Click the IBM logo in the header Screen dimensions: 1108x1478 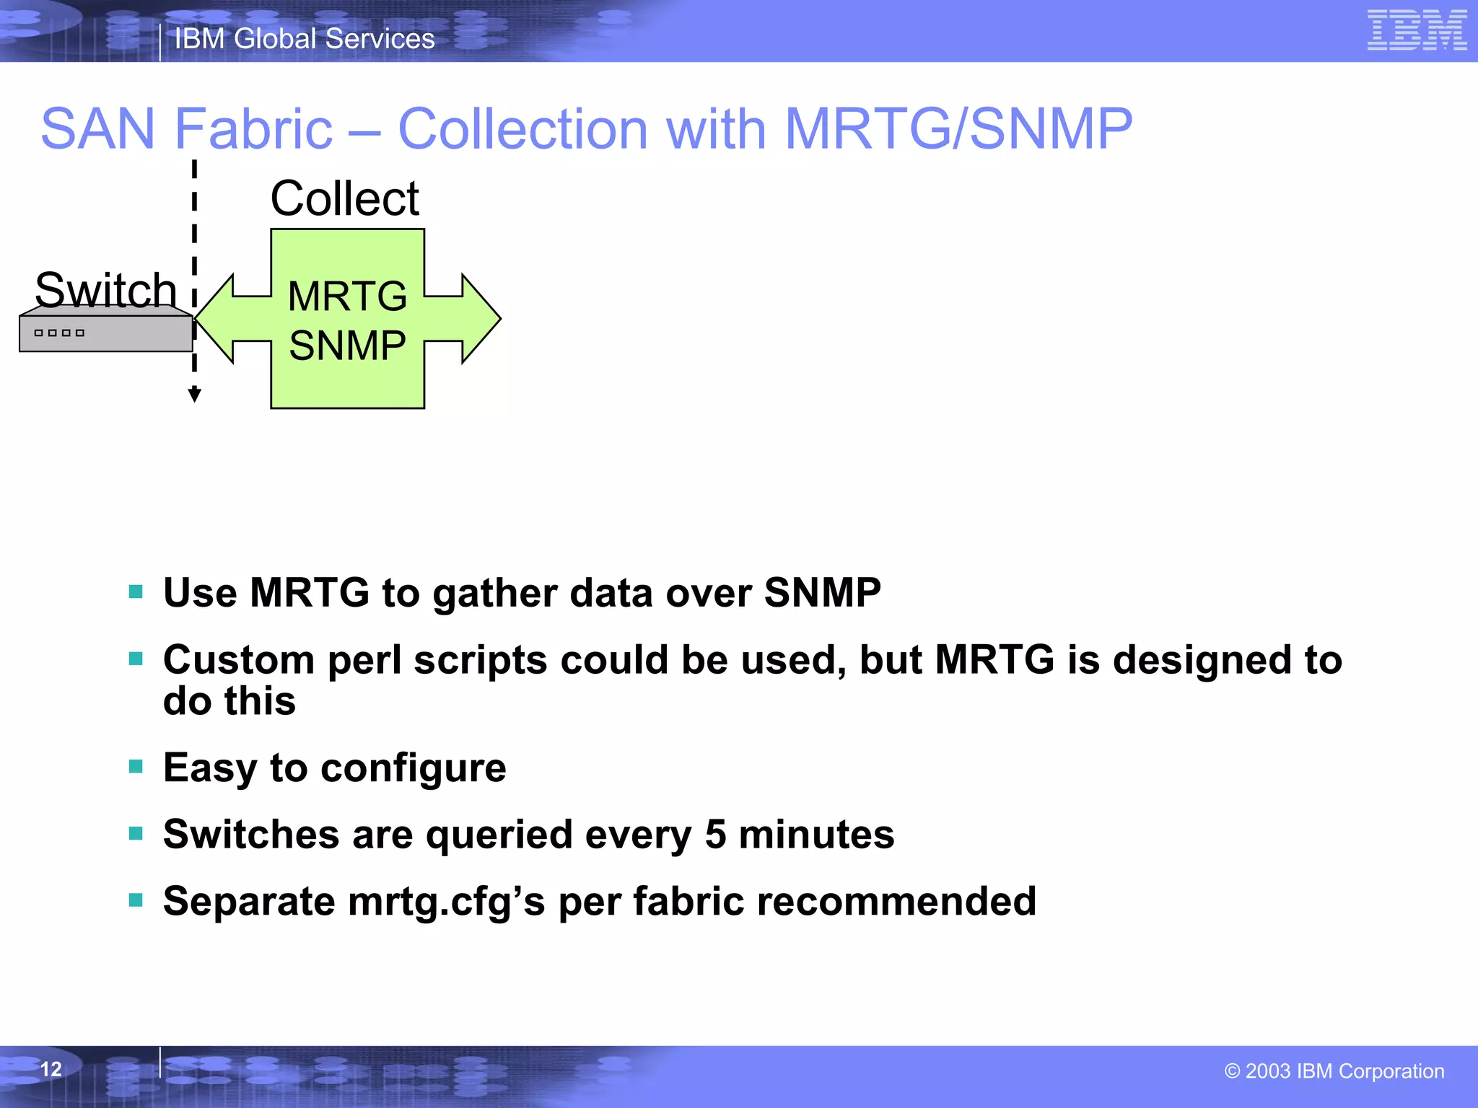pos(1417,30)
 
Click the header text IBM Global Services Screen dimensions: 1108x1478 pos(305,38)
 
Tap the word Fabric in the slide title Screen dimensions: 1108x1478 pos(253,129)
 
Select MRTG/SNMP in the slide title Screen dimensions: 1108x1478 pos(958,129)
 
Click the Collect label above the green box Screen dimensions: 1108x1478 pos(345,198)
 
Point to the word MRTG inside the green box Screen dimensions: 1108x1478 pos(347,296)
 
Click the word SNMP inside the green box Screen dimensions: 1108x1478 pos(347,345)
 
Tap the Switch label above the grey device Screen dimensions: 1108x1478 pos(106,290)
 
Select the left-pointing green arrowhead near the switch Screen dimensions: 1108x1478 pos(215,318)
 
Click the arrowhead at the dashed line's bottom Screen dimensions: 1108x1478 pos(194,395)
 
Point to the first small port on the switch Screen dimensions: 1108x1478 pos(39,333)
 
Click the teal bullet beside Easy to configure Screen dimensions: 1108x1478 pos(136,766)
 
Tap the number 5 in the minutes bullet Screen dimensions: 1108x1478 pos(715,834)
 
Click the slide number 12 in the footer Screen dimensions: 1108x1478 pos(51,1069)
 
